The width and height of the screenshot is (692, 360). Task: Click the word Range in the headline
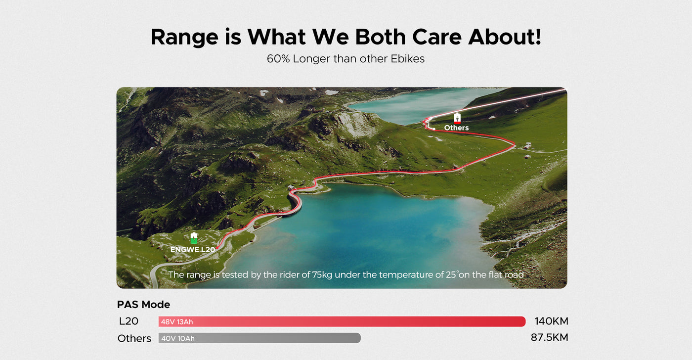184,38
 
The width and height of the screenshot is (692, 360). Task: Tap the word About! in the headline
505,37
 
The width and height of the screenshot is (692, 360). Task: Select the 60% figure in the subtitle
278,59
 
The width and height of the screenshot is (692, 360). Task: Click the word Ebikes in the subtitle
407,59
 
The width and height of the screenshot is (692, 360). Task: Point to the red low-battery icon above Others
457,118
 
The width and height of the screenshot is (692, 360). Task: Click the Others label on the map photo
456,128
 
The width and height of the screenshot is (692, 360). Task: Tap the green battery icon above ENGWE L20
194,238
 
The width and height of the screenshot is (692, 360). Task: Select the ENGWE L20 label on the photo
192,250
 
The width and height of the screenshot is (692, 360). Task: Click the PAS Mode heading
143,305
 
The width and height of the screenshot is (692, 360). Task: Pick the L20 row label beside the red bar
129,321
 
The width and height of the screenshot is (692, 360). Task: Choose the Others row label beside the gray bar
134,338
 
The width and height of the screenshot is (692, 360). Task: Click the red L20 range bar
342,322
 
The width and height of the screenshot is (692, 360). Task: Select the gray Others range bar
259,338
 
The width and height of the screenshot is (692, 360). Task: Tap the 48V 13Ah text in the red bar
177,322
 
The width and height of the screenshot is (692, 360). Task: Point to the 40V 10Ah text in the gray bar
178,338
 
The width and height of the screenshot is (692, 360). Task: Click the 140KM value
552,321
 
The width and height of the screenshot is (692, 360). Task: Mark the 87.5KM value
550,337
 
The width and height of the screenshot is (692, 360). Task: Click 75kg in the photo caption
322,275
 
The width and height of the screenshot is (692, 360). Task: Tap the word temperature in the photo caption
411,275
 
